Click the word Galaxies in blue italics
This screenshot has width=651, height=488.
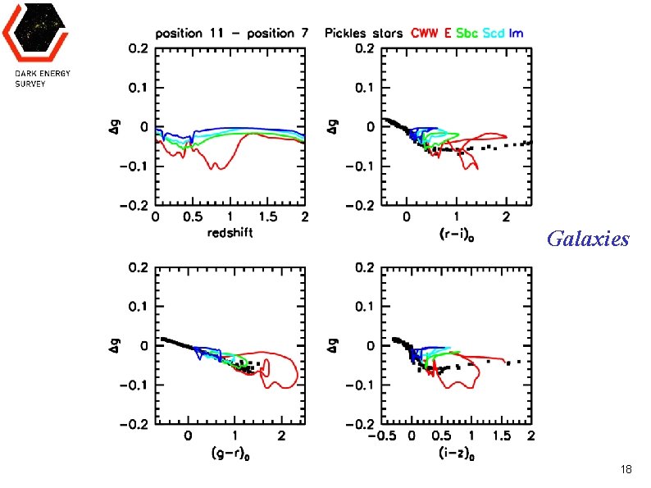588,239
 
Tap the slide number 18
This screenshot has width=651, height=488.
626,469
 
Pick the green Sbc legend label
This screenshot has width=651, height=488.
467,34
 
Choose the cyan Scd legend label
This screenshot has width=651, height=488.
494,34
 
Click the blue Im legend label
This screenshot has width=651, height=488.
516,34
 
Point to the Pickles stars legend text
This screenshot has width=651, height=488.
363,34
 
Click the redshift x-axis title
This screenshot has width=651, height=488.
230,232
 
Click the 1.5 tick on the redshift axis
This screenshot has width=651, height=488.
267,217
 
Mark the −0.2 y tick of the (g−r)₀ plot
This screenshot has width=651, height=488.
134,424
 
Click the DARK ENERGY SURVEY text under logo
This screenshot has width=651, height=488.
43,79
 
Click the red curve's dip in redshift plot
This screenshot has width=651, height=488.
218,167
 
